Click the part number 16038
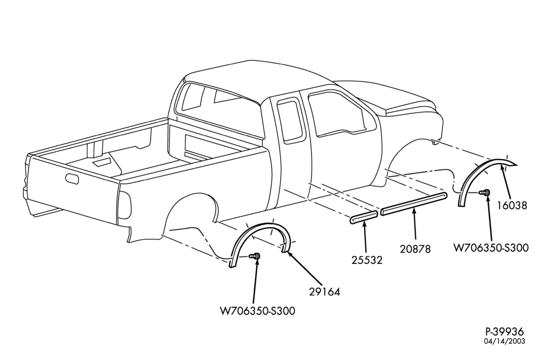coord(512,205)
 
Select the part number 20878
coord(415,249)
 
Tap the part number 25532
coord(367,260)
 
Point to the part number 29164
coord(325,292)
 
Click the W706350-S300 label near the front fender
coord(491,248)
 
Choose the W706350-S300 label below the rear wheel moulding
coord(258,311)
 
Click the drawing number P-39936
coord(505,332)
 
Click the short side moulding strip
coord(363,218)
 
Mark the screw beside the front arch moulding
coord(485,192)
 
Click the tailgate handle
coord(72,177)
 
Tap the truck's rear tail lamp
coord(125,205)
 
